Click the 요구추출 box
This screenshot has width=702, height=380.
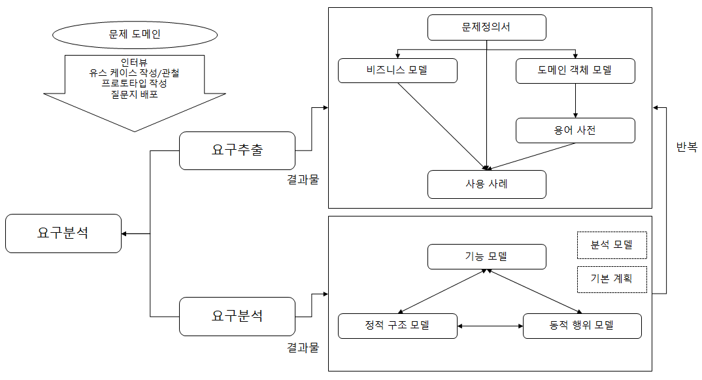(237, 150)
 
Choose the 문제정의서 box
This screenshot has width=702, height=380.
(486, 27)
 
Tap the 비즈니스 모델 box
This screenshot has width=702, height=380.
(397, 71)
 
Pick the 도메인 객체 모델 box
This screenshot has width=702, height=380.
(575, 71)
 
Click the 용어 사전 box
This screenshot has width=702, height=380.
(575, 130)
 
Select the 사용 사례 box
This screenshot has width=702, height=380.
(486, 184)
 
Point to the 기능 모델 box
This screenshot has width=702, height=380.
(486, 256)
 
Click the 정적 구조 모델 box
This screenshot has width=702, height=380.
(397, 326)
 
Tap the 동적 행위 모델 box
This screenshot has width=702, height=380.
(582, 326)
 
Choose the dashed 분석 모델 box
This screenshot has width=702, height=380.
(612, 245)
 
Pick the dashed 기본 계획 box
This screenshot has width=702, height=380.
(612, 279)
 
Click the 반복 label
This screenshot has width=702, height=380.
(686, 148)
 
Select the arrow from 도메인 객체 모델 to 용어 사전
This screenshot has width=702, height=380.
(575, 100)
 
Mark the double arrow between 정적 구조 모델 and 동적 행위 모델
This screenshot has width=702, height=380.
(490, 326)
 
